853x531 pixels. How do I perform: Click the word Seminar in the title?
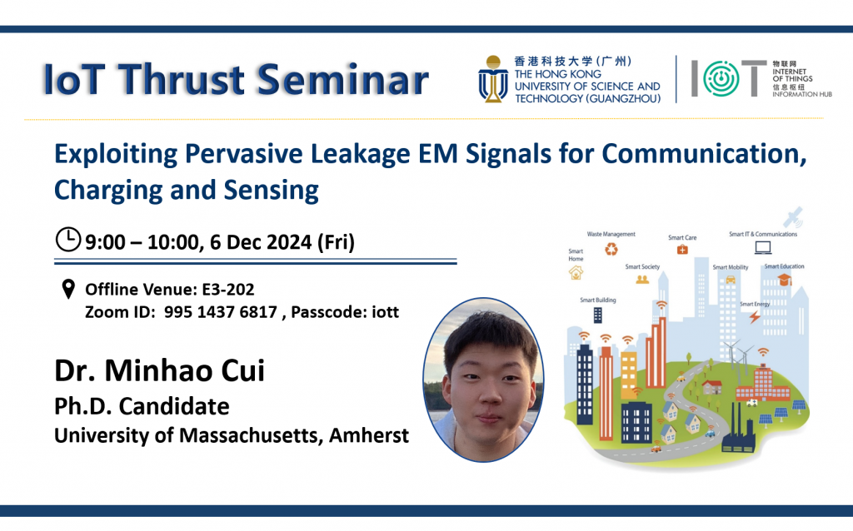pyautogui.click(x=342, y=79)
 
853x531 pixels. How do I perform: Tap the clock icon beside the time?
pyautogui.click(x=68, y=239)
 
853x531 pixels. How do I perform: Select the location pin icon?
pyautogui.click(x=68, y=289)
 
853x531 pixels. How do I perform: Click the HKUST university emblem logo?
pyautogui.click(x=493, y=79)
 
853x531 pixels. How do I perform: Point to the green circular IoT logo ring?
pyautogui.click(x=721, y=78)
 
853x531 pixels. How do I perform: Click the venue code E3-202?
pyautogui.click(x=228, y=289)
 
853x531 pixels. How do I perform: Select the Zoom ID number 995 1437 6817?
pyautogui.click(x=220, y=312)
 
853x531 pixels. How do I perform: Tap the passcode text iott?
pyautogui.click(x=385, y=312)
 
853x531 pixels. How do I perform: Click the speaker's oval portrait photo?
pyautogui.click(x=483, y=380)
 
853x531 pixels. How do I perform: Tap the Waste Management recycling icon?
pyautogui.click(x=611, y=249)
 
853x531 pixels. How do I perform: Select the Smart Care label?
pyautogui.click(x=682, y=237)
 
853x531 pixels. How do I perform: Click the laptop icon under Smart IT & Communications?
pyautogui.click(x=763, y=247)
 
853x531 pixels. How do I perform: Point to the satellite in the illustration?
pyautogui.click(x=793, y=217)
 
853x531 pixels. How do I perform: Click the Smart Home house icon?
pyautogui.click(x=576, y=272)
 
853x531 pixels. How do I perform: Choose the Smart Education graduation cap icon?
pyautogui.click(x=784, y=280)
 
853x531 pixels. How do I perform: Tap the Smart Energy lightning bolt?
pyautogui.click(x=755, y=316)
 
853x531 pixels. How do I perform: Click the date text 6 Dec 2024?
pyautogui.click(x=261, y=242)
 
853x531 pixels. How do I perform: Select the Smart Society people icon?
pyautogui.click(x=642, y=280)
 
